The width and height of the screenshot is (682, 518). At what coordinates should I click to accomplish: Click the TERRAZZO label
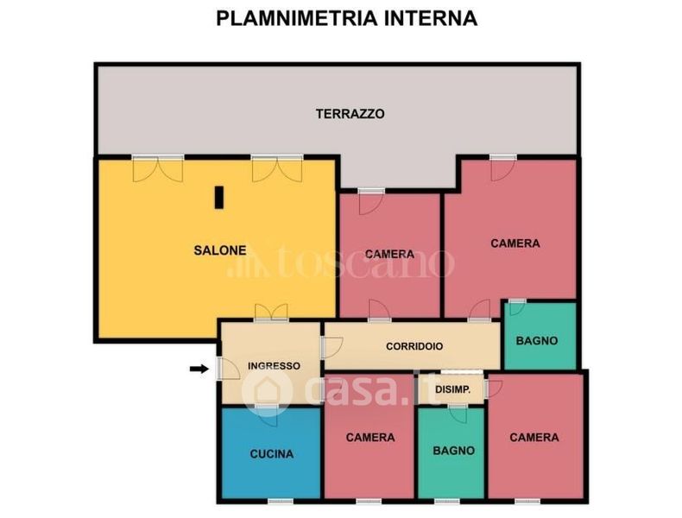(x=350, y=114)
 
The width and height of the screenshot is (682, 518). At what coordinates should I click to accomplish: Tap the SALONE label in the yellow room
(x=220, y=250)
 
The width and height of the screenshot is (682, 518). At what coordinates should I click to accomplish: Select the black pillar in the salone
(x=219, y=198)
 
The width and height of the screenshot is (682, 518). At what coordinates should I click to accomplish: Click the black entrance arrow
(x=199, y=370)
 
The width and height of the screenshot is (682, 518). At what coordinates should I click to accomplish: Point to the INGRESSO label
(x=274, y=366)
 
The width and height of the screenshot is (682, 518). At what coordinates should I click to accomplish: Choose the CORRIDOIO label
(x=414, y=346)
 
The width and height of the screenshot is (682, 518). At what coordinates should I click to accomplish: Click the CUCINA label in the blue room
(x=272, y=454)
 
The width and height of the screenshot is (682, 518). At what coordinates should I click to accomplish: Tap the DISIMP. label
(x=452, y=389)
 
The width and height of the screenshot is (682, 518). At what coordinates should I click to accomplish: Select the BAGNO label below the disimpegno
(x=453, y=451)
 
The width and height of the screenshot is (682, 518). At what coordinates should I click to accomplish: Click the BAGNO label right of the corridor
(x=537, y=340)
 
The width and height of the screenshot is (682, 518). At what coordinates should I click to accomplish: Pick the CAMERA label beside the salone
(x=389, y=254)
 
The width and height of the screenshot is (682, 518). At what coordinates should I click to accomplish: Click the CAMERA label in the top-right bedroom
(x=515, y=243)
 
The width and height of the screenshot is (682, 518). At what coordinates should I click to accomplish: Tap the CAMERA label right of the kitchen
(x=370, y=437)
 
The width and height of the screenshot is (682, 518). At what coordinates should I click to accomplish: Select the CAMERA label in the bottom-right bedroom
(x=534, y=437)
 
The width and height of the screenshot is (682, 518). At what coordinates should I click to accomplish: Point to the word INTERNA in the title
(x=431, y=19)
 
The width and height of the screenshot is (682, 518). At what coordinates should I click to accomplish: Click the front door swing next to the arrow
(x=228, y=369)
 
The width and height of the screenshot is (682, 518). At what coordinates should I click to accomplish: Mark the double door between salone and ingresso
(x=271, y=313)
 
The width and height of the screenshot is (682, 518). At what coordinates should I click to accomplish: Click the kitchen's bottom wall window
(x=281, y=502)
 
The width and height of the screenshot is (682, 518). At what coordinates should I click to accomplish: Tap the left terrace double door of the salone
(x=158, y=168)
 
